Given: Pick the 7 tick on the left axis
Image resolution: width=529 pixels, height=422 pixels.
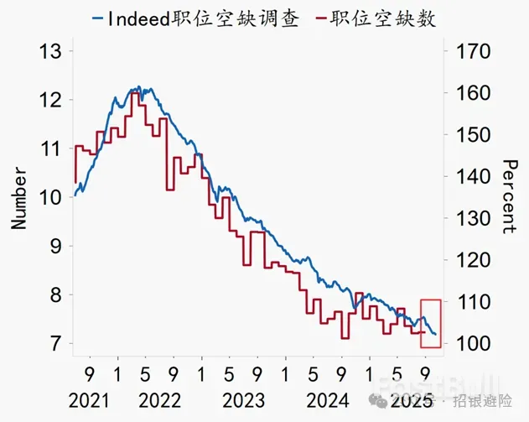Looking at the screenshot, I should coord(55,344).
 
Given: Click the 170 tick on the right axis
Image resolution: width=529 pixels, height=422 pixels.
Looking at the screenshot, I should coord(469,52).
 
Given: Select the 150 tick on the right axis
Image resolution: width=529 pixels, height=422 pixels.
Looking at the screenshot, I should coord(469,135).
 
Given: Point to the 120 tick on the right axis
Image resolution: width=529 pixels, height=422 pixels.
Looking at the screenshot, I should coord(469,260).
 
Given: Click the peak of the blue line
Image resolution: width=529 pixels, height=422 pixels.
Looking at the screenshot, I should coord(138,86).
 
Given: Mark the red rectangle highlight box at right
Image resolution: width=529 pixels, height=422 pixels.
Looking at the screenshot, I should coord(430,323).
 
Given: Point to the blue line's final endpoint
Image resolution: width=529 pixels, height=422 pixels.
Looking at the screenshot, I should coord(435,335).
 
